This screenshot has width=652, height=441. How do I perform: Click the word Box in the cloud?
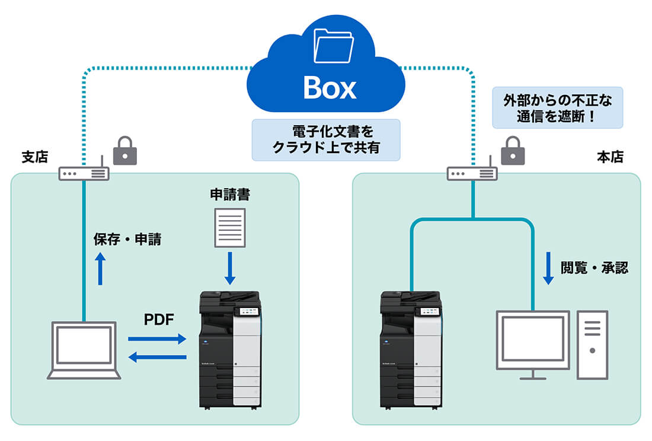click(330, 88)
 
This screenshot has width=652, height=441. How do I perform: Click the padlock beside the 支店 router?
click(125, 151)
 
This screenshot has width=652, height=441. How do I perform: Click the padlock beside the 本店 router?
click(513, 151)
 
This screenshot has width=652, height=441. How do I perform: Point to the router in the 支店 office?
click(84, 173)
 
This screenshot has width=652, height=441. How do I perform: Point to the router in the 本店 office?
click(472, 173)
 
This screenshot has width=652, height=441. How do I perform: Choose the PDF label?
click(159, 320)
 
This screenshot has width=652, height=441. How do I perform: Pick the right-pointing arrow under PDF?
click(157, 339)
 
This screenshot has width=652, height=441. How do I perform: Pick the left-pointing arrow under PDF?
click(157, 357)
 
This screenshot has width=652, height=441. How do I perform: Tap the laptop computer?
click(84, 350)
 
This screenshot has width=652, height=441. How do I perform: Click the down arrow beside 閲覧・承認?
click(548, 269)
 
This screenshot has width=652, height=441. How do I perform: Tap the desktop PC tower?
click(592, 344)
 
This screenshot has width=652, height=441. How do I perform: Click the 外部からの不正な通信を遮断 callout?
click(558, 109)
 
